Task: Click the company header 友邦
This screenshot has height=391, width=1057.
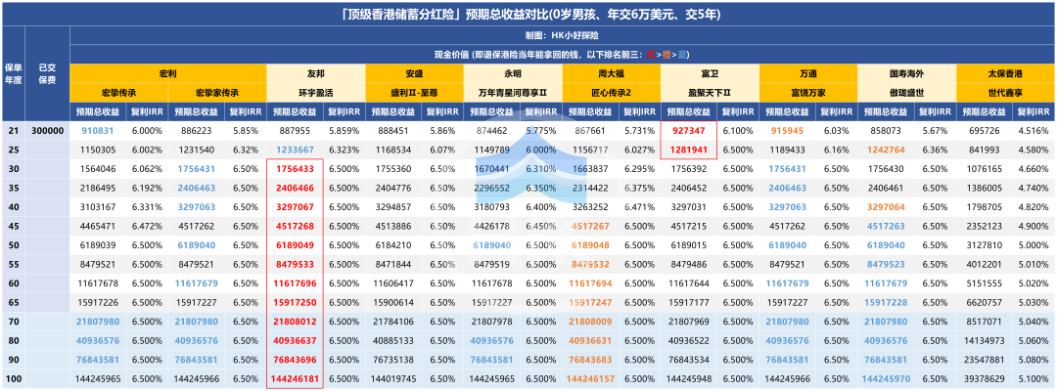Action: [x=315, y=73]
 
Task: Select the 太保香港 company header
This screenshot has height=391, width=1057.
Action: [x=1004, y=73]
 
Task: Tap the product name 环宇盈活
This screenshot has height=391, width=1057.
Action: [x=315, y=92]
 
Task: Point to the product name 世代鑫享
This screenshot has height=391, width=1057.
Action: [x=1004, y=92]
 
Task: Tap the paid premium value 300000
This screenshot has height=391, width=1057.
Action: [x=46, y=130]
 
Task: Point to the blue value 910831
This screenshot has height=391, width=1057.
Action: [x=98, y=130]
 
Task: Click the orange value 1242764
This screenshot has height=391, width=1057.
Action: [x=886, y=150]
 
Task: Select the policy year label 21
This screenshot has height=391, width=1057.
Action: [x=13, y=130]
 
